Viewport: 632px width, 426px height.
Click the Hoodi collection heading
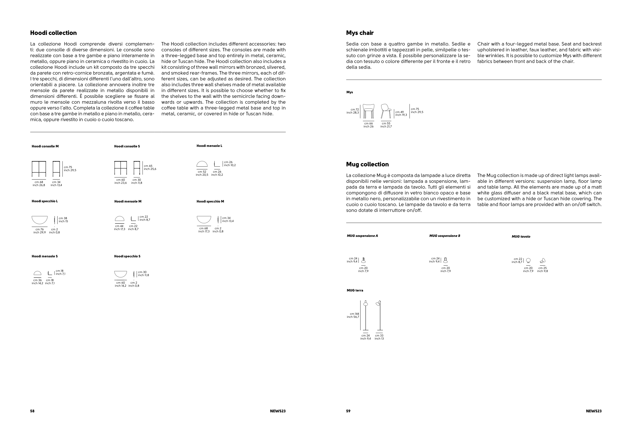tap(53, 33)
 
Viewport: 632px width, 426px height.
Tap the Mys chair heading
tap(359, 33)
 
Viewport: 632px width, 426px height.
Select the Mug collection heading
tap(367, 164)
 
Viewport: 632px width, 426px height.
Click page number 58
tap(32, 411)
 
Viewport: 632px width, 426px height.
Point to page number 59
tap(348, 411)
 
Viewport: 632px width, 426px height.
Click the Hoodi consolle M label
tap(45, 146)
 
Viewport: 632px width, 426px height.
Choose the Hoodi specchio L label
tap(44, 201)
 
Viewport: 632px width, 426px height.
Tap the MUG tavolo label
tap(521, 237)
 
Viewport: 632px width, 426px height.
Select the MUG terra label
tap(355, 290)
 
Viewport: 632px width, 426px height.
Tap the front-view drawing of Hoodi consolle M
tap(39, 169)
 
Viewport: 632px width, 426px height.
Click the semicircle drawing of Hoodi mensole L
tap(202, 164)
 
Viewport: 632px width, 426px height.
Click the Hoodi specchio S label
tap(127, 256)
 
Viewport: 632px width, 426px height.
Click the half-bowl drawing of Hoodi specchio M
tap(204, 219)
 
